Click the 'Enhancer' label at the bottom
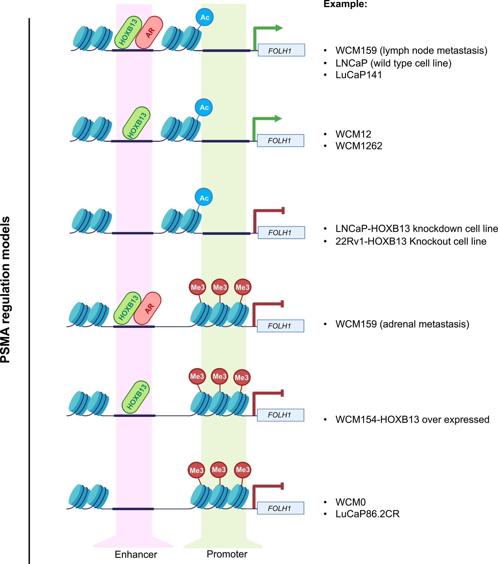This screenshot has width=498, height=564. (136, 554)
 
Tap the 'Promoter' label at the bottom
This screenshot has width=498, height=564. (227, 554)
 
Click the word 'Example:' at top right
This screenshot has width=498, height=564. (345, 4)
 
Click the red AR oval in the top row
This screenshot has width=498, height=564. (149, 32)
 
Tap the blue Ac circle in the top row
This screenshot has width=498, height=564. (205, 17)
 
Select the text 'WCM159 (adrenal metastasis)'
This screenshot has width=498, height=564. (402, 324)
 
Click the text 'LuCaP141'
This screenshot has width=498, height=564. (358, 75)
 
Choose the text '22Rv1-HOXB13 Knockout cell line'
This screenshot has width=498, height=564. (410, 241)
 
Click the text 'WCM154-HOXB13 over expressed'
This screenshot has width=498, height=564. (412, 419)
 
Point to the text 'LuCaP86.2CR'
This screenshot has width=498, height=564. (367, 514)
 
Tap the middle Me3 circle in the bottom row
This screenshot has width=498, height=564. (219, 470)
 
